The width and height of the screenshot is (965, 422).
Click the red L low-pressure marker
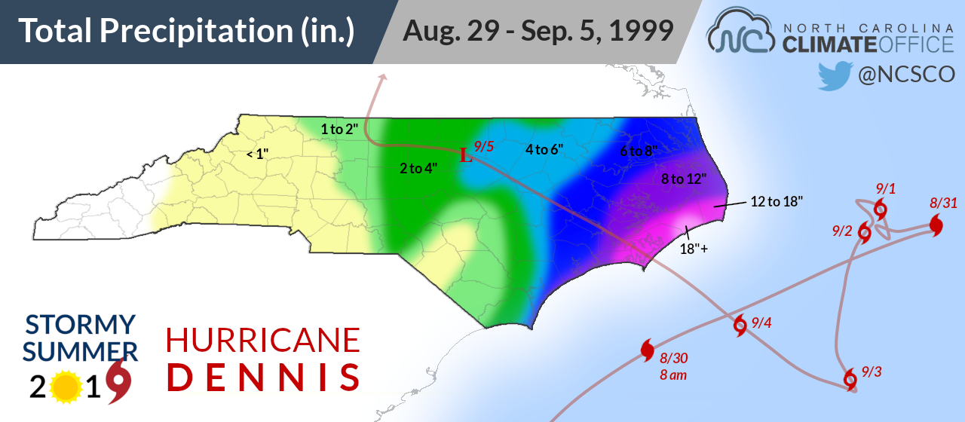click(467, 157)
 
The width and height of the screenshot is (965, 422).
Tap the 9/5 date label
click(484, 147)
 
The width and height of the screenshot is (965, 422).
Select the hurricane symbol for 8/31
click(936, 225)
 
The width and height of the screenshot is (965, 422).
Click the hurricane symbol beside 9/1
click(879, 209)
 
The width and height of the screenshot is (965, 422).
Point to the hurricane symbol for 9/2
click(865, 233)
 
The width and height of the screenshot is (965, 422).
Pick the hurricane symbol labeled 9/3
click(850, 378)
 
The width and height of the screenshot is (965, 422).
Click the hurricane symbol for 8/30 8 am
click(647, 350)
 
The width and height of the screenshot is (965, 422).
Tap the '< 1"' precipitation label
click(258, 154)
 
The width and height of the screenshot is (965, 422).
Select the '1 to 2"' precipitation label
click(339, 129)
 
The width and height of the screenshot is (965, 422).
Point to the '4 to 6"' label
click(544, 149)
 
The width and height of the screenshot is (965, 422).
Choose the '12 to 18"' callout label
click(777, 201)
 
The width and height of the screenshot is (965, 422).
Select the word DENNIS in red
click(263, 378)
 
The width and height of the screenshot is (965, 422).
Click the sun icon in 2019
click(66, 387)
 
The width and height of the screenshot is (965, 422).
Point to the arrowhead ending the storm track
click(383, 77)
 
